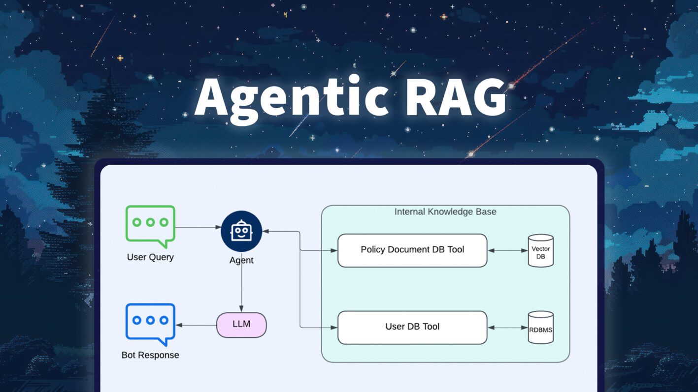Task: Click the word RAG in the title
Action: coord(456,96)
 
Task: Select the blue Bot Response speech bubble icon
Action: coord(150,322)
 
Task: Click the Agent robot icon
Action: coord(241,231)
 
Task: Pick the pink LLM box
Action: coord(241,325)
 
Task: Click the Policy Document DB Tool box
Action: coord(412,250)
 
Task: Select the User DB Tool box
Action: coord(412,327)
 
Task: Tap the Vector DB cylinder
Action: coord(540,251)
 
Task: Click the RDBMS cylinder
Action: coord(540,328)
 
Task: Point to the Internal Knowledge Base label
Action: coord(445,212)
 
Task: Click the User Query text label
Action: coord(150,257)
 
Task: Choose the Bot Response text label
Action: coord(150,355)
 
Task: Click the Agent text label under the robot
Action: coord(241,260)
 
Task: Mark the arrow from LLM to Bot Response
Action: coord(196,325)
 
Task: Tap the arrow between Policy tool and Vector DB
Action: coord(507,251)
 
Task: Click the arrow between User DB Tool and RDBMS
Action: coord(507,328)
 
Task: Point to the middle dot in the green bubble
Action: coord(150,222)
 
